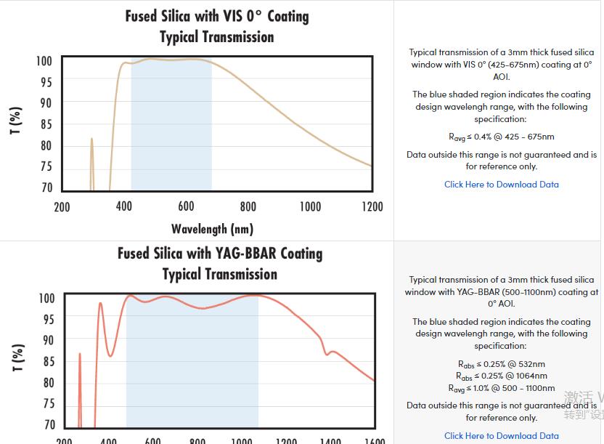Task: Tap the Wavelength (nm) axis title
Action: (212, 229)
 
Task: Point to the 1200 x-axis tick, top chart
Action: (372, 207)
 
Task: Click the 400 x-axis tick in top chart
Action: (124, 207)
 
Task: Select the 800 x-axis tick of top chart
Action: (248, 207)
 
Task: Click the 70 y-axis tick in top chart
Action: (46, 187)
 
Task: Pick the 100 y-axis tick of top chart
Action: (44, 61)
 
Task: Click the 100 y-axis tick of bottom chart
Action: (46, 298)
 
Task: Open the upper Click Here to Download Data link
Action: (501, 185)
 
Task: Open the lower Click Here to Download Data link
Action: (501, 436)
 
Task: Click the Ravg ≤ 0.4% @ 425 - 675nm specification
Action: (501, 137)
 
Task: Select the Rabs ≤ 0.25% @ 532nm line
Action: (501, 364)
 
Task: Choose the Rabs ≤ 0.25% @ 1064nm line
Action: (501, 376)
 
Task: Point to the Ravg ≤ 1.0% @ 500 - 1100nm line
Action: (501, 389)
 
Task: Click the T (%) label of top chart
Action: (16, 121)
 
